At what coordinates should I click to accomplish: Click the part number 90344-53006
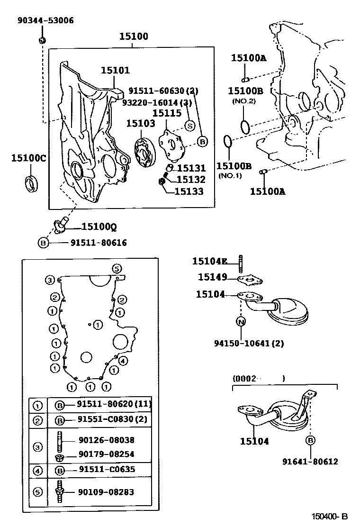click(45, 20)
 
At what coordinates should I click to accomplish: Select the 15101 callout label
click(115, 70)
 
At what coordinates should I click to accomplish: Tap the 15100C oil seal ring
click(32, 183)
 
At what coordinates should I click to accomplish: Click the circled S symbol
click(189, 126)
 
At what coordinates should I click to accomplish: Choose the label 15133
click(189, 191)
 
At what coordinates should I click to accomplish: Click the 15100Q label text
click(99, 227)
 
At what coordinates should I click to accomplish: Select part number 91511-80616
click(99, 243)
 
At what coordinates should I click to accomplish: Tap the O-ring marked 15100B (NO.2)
click(245, 127)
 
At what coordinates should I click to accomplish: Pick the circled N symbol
click(241, 322)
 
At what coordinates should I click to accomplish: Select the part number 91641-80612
click(310, 461)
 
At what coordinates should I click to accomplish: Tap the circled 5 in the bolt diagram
click(117, 269)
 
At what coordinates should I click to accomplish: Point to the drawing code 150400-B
click(330, 516)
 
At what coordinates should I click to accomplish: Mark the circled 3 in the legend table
click(38, 446)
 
